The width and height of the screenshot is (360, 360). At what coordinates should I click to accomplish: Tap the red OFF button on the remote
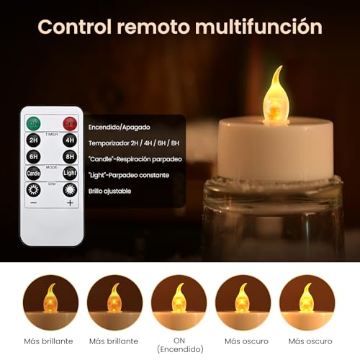click(70, 122)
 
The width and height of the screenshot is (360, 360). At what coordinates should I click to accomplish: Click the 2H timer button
click(34, 140)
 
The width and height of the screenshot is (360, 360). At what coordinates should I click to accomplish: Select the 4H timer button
click(70, 140)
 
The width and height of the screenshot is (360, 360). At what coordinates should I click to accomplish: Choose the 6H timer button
click(34, 156)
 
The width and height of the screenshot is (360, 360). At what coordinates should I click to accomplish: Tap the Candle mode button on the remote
click(34, 173)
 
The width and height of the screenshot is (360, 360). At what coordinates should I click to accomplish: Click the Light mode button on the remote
click(70, 173)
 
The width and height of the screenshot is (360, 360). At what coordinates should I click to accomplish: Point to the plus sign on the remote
click(70, 203)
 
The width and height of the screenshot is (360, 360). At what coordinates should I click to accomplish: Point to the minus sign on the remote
click(34, 203)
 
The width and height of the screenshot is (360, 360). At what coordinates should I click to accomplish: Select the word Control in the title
click(74, 27)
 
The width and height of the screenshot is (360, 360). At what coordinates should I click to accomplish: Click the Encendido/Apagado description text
click(120, 127)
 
